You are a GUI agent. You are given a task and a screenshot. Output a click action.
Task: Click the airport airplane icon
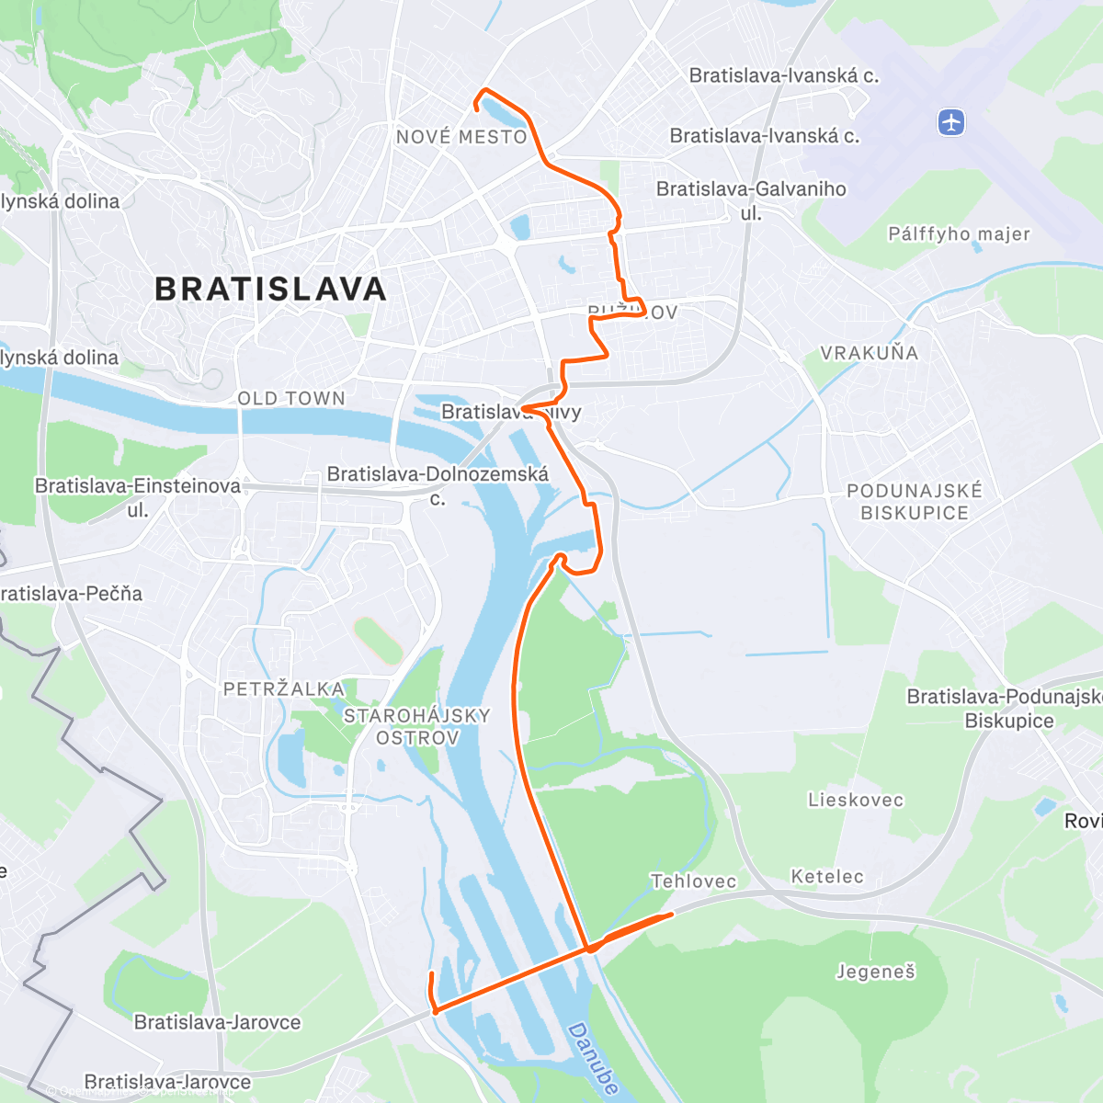pyautogui.click(x=951, y=121)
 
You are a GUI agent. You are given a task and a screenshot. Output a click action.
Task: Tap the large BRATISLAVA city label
pyautogui.click(x=271, y=290)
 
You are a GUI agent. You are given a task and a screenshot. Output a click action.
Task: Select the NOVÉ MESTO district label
pyautogui.click(x=461, y=137)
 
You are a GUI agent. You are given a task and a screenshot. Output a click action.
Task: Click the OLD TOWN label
pyautogui.click(x=291, y=398)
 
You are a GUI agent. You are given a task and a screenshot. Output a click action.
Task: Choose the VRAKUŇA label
pyautogui.click(x=869, y=353)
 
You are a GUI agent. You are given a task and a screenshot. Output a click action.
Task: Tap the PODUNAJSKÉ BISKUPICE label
pyautogui.click(x=915, y=502)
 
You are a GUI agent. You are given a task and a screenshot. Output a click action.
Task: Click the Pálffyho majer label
pyautogui.click(x=959, y=233)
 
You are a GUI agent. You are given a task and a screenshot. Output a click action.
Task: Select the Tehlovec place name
pyautogui.click(x=693, y=881)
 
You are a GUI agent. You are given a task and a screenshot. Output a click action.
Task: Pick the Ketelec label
pyautogui.click(x=827, y=876)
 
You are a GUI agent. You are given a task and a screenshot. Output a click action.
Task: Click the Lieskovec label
pyautogui.click(x=856, y=800)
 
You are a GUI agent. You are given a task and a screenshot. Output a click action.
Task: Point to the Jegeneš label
pyautogui.click(x=875, y=972)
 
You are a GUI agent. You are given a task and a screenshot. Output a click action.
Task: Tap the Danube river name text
pyautogui.click(x=594, y=1058)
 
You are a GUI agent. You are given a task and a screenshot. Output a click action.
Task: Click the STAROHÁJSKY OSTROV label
pyautogui.click(x=417, y=726)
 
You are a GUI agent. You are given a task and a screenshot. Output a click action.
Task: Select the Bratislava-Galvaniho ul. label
pyautogui.click(x=751, y=199)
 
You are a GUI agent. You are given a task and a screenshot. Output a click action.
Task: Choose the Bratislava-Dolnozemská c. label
pyautogui.click(x=438, y=485)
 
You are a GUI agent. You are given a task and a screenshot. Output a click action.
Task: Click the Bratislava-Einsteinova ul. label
pyautogui.click(x=138, y=496)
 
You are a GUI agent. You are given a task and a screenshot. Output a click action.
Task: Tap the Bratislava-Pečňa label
pyautogui.click(x=72, y=594)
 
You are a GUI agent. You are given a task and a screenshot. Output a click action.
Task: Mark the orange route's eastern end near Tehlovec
pyautogui.click(x=671, y=914)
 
